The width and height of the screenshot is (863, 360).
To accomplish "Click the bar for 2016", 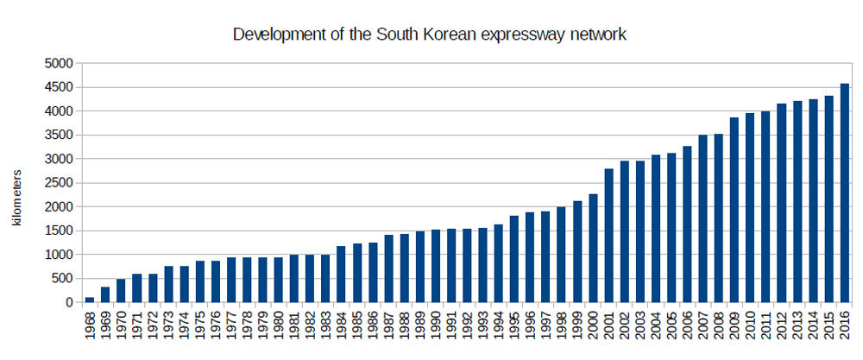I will point(845,193).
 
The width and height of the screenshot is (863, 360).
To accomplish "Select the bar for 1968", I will point(90,300).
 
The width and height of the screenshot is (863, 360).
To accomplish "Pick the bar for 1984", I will point(341,275).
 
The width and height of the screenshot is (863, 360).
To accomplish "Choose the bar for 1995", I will point(514,259).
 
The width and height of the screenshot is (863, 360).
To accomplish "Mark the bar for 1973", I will point(168,284).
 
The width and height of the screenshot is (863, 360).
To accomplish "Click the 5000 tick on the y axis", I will point(60,63).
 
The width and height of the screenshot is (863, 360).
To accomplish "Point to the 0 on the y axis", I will point(69,303).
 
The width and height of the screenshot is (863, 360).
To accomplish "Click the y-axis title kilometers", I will point(16,198).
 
